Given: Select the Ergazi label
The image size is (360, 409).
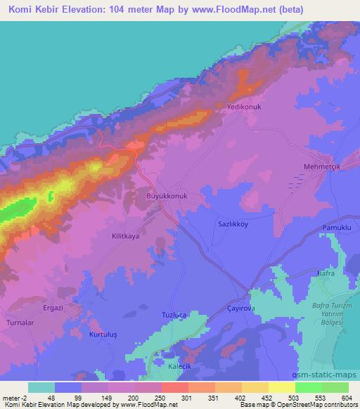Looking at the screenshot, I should coord(50,308).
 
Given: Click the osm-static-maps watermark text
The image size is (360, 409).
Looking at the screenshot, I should coord(333,377).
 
